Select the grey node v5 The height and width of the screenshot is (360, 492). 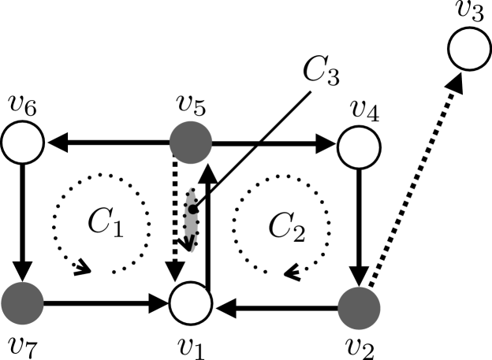pyautogui.click(x=191, y=144)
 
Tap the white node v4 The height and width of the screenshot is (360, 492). pyautogui.click(x=359, y=144)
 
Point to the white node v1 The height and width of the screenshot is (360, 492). pyautogui.click(x=191, y=303)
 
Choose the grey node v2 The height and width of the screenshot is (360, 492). pyautogui.click(x=359, y=303)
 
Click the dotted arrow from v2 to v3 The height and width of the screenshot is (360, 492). pyautogui.click(x=414, y=177)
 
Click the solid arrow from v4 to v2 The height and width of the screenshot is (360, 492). pyautogui.click(x=359, y=224)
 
